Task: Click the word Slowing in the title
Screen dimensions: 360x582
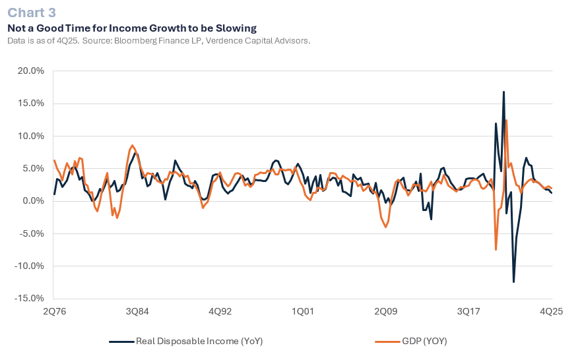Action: coord(234,28)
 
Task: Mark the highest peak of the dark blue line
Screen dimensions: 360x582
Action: coord(503,92)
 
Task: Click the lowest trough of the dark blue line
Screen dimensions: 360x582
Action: coord(513,282)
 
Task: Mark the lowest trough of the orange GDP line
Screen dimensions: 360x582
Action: coord(496,250)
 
